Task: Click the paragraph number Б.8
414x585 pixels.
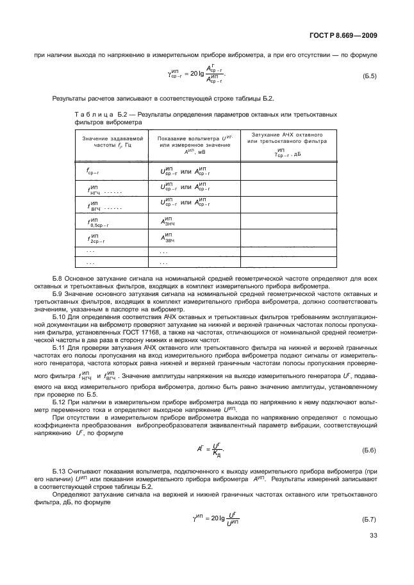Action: click(57, 276)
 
